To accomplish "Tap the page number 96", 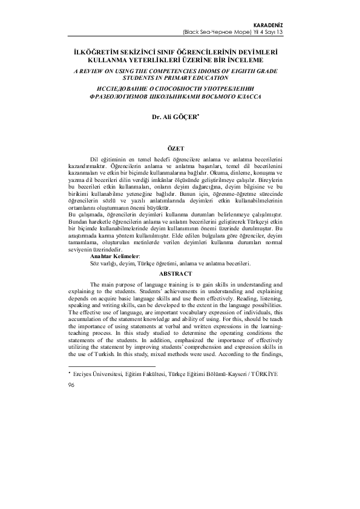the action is [71, 384].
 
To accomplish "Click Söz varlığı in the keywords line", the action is [105, 263].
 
